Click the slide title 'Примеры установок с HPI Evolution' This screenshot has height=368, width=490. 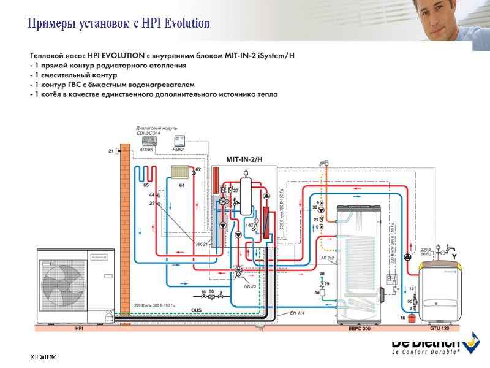coord(119,24)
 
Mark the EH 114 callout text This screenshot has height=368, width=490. coord(297,313)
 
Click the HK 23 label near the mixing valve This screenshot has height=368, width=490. coord(249,286)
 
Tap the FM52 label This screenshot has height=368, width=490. coord(178,150)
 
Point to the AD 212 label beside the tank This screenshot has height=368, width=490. coord(328,258)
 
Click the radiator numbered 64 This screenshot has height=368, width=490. coord(182,174)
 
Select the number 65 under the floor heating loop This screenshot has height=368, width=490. coord(146,185)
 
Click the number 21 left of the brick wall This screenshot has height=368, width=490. coord(111,151)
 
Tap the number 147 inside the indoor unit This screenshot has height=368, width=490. coord(249,226)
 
